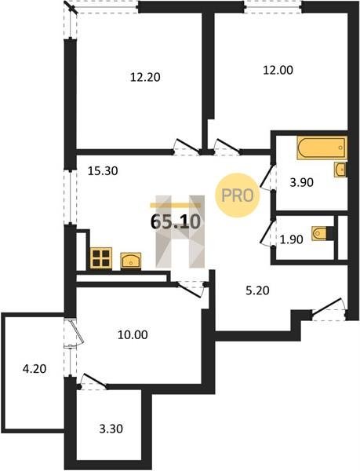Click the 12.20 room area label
point(145,78)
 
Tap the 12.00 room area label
point(278,71)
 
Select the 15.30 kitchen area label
point(103,171)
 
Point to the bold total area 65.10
point(176,222)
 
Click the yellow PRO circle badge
point(238,195)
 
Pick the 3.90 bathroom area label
point(301,182)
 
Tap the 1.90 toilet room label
point(291,239)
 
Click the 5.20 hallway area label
point(257,290)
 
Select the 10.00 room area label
point(133,334)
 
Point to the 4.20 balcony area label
point(35,369)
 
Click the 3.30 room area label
point(111,429)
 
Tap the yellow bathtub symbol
point(322,148)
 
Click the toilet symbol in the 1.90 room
point(320,233)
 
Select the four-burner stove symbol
point(101,258)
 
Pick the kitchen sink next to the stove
point(131,261)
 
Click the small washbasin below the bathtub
point(340,170)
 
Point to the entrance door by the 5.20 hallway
point(328,307)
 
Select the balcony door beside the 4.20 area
point(75,334)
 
